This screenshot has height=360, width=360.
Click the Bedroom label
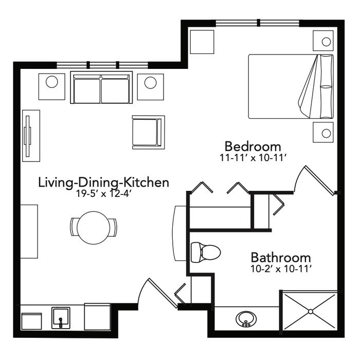(x=253, y=146)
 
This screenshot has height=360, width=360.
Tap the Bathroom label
(x=281, y=257)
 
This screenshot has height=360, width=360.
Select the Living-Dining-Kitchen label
(x=103, y=183)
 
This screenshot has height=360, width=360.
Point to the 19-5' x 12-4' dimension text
(x=103, y=194)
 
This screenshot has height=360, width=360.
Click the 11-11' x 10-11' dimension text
(x=253, y=158)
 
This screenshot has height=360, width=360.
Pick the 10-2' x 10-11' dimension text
(x=281, y=268)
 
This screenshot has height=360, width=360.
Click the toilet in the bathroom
(x=206, y=253)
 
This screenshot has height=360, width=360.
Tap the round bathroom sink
(x=246, y=319)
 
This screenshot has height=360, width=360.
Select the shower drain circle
(x=311, y=312)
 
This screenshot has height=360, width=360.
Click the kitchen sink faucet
(x=61, y=322)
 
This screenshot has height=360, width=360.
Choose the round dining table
(x=94, y=228)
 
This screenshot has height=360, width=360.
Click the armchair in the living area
(x=148, y=132)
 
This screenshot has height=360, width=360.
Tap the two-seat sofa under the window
(x=101, y=87)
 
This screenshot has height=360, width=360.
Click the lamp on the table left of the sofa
(x=51, y=82)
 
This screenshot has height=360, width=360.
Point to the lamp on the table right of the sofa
(x=150, y=82)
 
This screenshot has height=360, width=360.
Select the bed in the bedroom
(x=291, y=86)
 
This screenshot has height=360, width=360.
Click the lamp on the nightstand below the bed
(x=326, y=133)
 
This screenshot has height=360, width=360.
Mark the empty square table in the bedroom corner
(x=202, y=42)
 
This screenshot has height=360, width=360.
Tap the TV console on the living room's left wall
(x=31, y=136)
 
